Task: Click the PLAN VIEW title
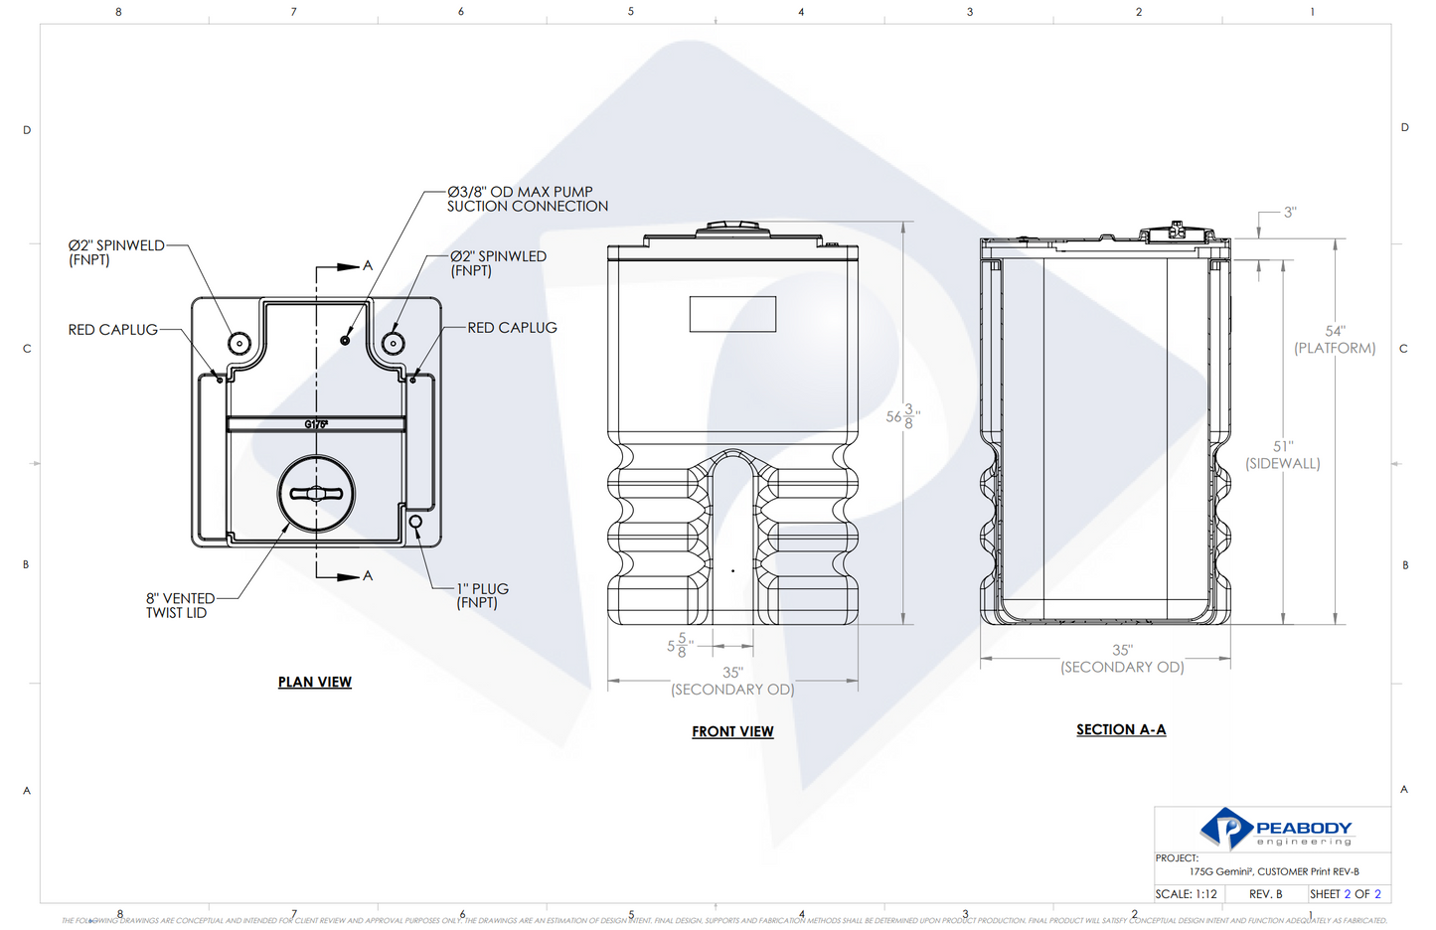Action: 314,682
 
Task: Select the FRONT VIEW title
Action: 732,731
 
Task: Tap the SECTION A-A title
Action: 1121,729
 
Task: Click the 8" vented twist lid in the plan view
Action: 316,494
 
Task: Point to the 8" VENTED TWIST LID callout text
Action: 179,605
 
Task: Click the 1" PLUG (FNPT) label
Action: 482,595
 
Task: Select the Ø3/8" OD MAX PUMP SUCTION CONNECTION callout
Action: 527,199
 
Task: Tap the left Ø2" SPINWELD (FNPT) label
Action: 115,252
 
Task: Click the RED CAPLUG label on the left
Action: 112,330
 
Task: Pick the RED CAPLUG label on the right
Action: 512,328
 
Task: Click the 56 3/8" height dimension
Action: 902,417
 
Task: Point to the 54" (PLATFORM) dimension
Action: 1335,340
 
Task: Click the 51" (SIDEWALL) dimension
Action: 1283,455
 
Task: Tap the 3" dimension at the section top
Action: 1289,213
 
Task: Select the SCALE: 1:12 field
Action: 1187,894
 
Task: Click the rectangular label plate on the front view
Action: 732,314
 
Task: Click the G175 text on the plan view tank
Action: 316,424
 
